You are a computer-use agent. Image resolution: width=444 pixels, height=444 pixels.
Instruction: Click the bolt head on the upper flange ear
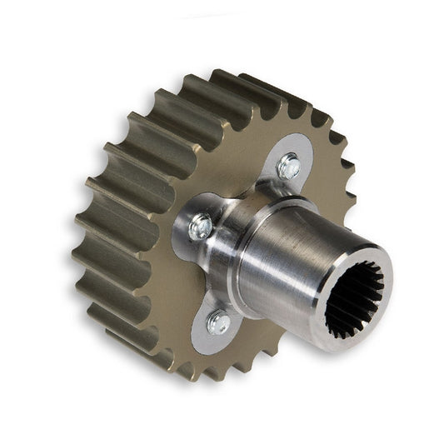coord(289,167)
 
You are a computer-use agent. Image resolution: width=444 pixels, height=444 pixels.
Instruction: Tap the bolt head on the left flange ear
coord(200,227)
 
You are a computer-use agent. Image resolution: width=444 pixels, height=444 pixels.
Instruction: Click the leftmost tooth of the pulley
coord(83,225)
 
